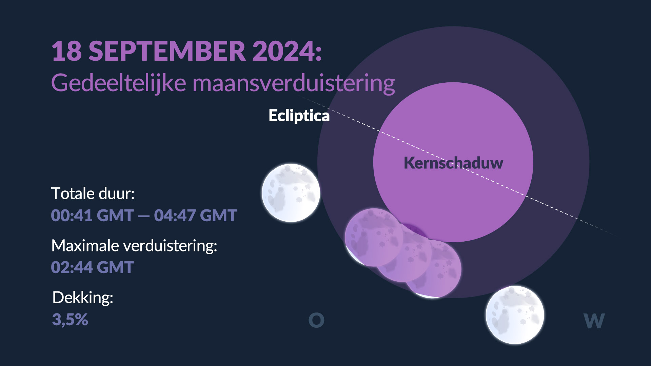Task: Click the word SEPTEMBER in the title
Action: tap(167, 51)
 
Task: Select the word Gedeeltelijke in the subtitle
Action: tap(119, 83)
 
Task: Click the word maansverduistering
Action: tap(294, 83)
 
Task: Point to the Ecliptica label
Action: tap(299, 116)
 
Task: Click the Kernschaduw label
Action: tap(453, 163)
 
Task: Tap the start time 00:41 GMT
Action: tap(92, 216)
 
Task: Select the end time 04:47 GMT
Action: tap(195, 216)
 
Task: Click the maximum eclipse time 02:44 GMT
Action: tap(92, 267)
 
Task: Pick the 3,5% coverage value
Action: tap(70, 320)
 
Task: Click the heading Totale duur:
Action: tap(93, 194)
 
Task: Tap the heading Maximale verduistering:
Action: tap(134, 246)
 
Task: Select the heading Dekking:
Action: tap(83, 298)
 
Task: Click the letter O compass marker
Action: tap(316, 320)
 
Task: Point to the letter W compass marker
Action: tap(594, 321)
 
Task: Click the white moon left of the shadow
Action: tap(291, 193)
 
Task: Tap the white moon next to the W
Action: tap(515, 315)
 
